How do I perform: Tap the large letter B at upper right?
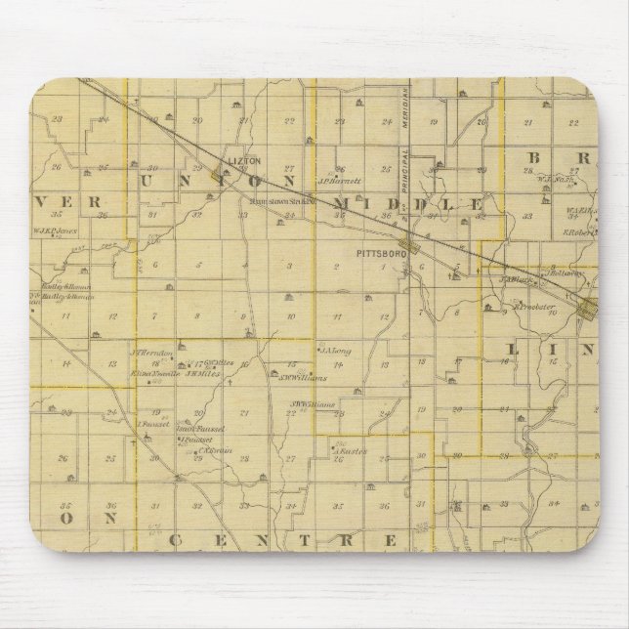(x=535, y=158)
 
